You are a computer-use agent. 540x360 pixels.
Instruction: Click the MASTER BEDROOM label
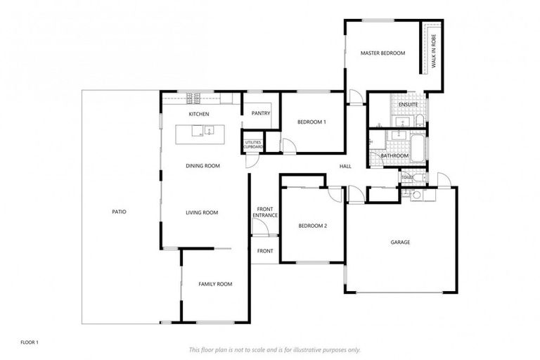[x=382, y=53]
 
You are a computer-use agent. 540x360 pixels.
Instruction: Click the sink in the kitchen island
[x=208, y=129]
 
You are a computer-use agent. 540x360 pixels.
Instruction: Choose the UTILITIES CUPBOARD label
[x=253, y=144]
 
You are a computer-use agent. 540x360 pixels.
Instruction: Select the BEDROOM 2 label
[x=312, y=226]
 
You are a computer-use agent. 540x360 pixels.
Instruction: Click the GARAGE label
[x=400, y=243]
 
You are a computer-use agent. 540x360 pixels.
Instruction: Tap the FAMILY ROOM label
[x=214, y=284]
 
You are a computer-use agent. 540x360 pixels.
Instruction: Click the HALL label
[x=345, y=166]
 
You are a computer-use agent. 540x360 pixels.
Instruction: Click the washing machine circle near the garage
[x=416, y=195]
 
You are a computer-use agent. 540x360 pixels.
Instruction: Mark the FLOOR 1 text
[x=29, y=342]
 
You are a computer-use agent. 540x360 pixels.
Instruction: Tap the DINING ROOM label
[x=202, y=166]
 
